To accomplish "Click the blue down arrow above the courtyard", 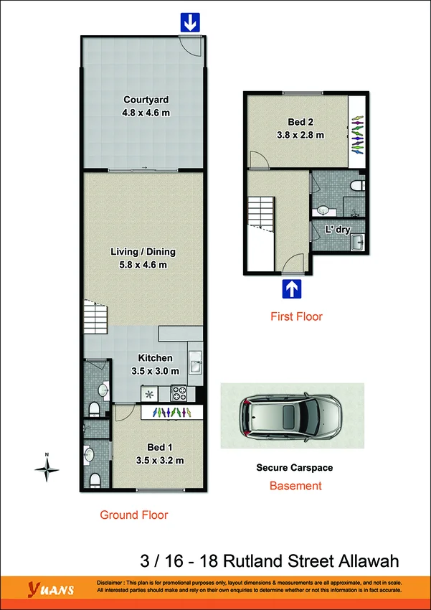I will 189,23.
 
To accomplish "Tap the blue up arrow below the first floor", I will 293,289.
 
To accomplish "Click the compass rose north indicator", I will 47,469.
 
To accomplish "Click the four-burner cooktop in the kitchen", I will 179,393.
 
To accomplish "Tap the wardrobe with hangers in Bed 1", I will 171,412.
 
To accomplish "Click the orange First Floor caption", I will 296,316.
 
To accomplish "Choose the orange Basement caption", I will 295,486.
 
